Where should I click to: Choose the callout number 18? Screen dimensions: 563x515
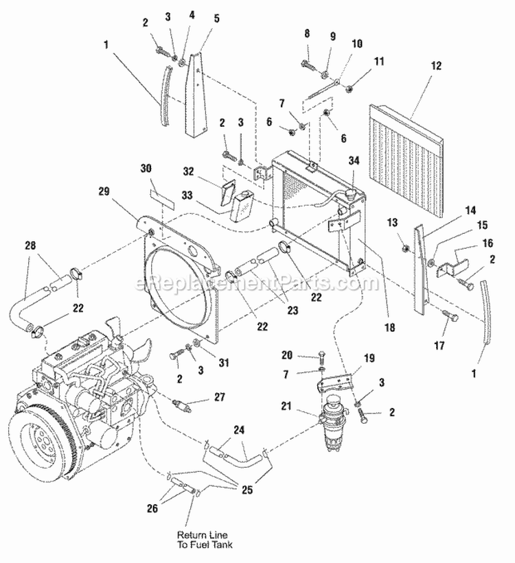(x=390, y=328)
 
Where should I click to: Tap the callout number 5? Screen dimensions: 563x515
(x=216, y=19)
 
